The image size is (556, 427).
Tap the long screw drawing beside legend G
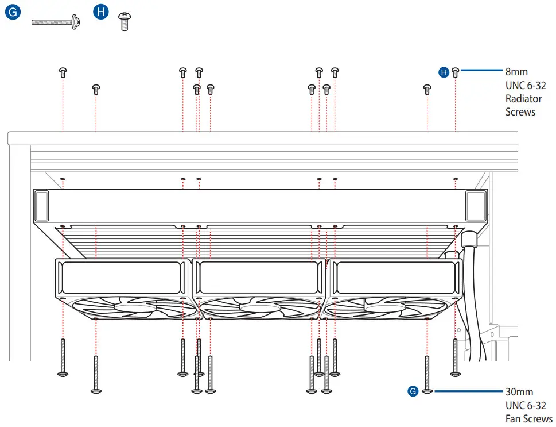[x=55, y=22]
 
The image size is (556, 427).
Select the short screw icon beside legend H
[x=123, y=22]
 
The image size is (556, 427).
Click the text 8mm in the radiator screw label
[x=516, y=72]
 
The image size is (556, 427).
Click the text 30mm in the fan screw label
[x=519, y=392]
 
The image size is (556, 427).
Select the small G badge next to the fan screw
[x=413, y=391]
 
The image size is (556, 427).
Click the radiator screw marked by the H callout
[x=455, y=72]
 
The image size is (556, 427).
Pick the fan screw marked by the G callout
[x=427, y=374]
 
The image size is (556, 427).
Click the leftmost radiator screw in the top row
[x=63, y=72]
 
